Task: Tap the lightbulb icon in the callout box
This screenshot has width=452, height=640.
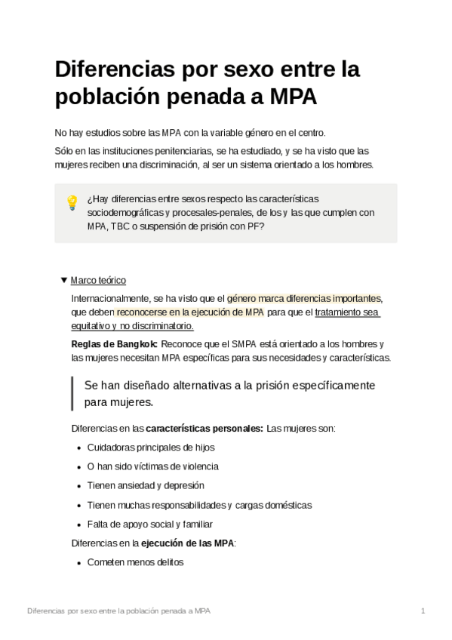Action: click(72, 202)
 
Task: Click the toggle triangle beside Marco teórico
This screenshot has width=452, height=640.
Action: click(63, 279)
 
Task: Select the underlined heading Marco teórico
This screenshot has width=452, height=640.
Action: click(98, 279)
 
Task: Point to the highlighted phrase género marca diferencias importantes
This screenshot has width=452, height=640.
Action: click(305, 298)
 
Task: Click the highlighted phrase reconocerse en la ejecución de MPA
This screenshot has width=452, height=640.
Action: click(190, 312)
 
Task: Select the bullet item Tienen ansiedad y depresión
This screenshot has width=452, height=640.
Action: click(146, 485)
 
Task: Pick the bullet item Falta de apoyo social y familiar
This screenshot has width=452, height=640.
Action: click(150, 524)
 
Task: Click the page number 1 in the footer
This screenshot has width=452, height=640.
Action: click(423, 610)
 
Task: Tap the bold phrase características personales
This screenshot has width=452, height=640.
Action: click(204, 428)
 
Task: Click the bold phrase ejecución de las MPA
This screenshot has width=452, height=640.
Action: click(187, 543)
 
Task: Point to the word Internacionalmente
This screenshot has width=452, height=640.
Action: click(109, 298)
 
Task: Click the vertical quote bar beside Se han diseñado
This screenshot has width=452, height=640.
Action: click(72, 392)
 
